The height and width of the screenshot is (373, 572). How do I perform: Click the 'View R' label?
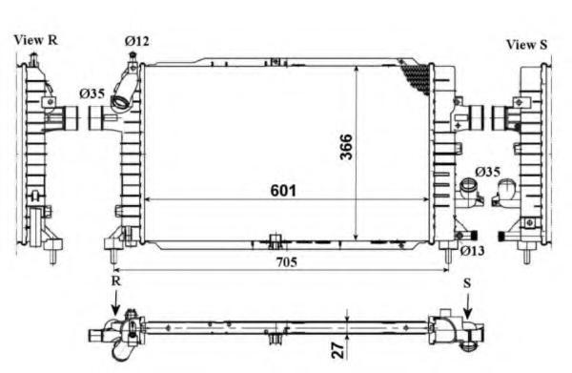tap(36, 40)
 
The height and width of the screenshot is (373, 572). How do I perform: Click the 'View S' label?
tap(527, 45)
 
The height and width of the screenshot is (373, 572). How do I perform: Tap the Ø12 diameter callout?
tap(136, 41)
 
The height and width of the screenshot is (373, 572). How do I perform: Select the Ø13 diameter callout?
tap(472, 251)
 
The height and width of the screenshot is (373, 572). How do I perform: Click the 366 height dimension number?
tap(346, 147)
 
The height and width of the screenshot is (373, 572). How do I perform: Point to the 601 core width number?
tap(283, 191)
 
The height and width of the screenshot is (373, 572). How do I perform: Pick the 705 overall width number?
tap(286, 261)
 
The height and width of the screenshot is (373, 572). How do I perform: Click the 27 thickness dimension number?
tap(338, 350)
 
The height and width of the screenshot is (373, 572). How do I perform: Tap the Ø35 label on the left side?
tap(92, 93)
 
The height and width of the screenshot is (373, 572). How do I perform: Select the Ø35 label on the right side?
tap(487, 172)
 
